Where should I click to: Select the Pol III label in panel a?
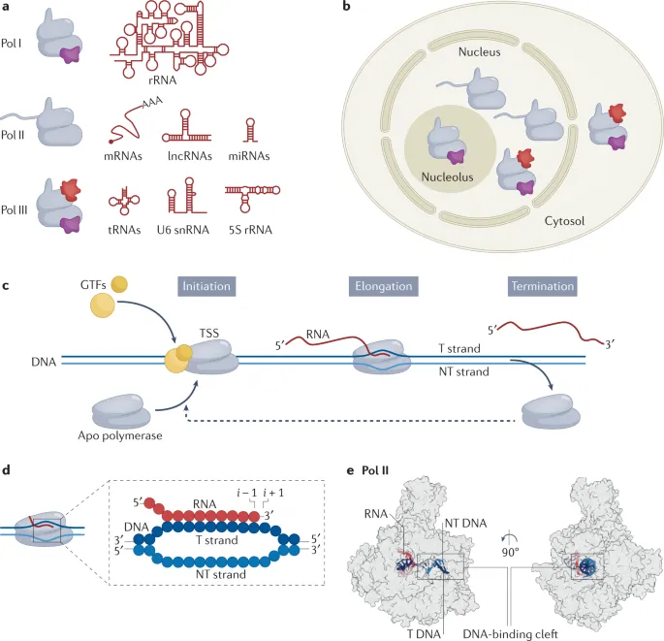click(16, 194)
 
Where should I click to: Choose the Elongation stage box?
click(383, 287)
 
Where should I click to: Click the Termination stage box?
click(542, 287)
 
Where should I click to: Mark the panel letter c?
click(7, 287)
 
